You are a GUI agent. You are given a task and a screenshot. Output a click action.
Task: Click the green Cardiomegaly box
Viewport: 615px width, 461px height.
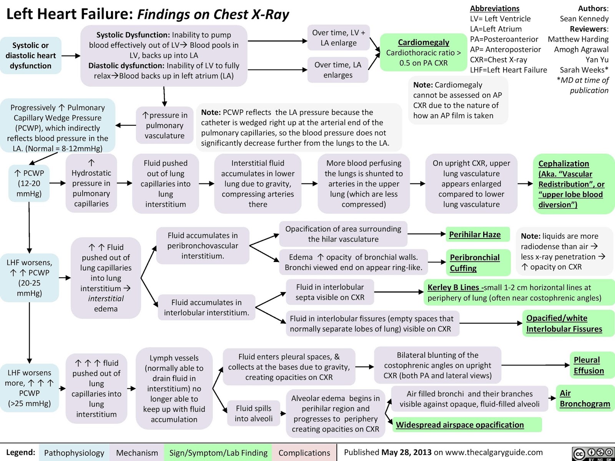(x=423, y=53)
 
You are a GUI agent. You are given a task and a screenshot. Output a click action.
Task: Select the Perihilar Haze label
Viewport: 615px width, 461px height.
(x=475, y=234)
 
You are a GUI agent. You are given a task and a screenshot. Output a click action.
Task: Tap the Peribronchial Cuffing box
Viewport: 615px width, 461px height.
(x=475, y=263)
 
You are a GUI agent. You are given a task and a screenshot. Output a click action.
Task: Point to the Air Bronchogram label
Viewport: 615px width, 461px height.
(x=585, y=398)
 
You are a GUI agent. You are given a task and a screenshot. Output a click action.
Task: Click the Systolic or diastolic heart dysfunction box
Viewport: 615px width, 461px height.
(x=31, y=55)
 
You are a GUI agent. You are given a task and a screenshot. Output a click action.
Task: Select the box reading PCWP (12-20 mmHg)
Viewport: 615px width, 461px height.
(x=29, y=183)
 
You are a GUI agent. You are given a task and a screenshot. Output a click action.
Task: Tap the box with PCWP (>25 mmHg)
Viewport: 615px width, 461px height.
(x=29, y=388)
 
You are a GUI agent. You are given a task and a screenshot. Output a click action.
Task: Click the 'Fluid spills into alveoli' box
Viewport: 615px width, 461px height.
(x=254, y=413)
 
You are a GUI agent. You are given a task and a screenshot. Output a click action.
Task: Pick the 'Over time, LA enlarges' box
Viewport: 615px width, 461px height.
(x=338, y=70)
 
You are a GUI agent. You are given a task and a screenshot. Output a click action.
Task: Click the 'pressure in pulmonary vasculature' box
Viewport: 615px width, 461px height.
(x=165, y=125)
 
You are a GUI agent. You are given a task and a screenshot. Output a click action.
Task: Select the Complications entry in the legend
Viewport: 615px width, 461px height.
(x=304, y=453)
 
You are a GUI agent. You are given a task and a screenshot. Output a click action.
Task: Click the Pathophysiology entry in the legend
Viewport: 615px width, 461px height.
(x=74, y=453)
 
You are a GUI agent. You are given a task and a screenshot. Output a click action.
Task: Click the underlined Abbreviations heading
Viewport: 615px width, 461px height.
(x=495, y=8)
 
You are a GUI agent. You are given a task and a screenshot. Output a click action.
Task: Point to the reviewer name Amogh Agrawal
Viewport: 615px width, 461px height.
(x=581, y=49)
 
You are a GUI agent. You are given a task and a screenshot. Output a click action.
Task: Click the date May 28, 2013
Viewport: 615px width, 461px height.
(x=406, y=452)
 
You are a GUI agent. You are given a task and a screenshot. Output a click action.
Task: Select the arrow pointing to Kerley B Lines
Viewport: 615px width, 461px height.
(x=400, y=292)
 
